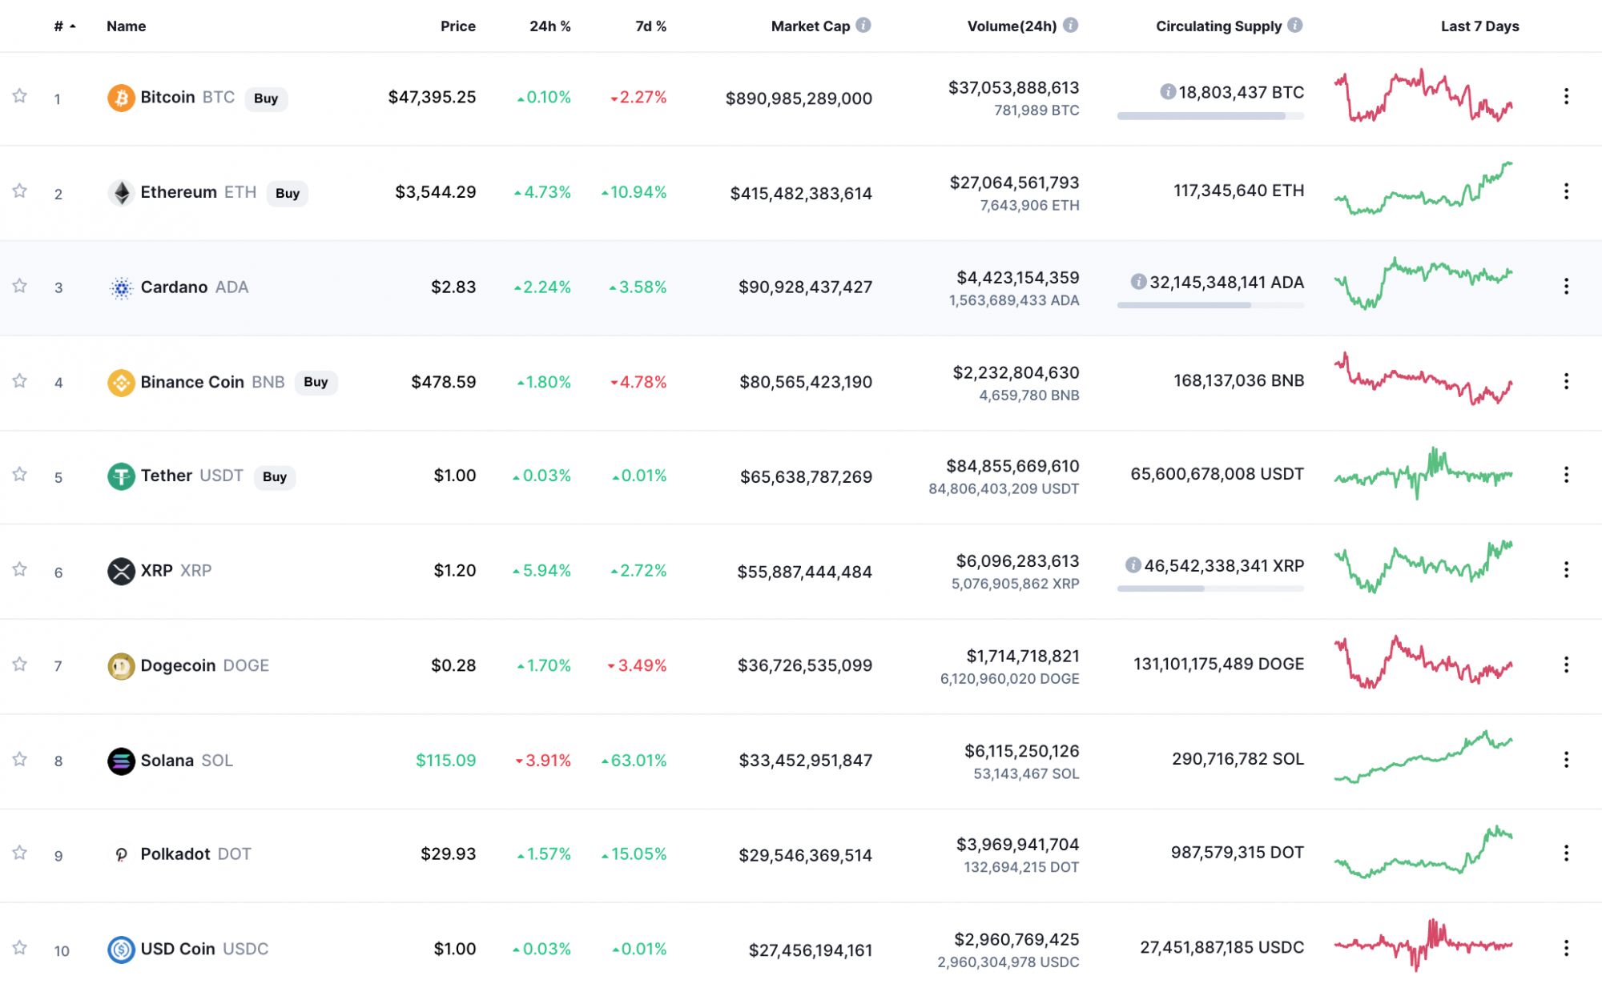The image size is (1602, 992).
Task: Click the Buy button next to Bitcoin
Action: (266, 98)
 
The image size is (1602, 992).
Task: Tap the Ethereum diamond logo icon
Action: (121, 193)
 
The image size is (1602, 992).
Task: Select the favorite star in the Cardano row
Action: (20, 286)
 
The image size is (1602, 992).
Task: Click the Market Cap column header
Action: (810, 26)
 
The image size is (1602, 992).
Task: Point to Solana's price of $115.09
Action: (445, 760)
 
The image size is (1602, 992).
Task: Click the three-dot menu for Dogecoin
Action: (1566, 665)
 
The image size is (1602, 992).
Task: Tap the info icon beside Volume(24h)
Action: (1071, 26)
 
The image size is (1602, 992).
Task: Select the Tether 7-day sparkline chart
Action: (1423, 475)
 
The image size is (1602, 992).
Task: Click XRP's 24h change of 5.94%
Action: (542, 571)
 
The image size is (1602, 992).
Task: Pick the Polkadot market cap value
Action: (805, 855)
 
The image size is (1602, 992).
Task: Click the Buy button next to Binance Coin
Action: (316, 382)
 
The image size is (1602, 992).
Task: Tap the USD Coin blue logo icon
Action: (121, 950)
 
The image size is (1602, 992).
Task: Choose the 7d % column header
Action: (650, 26)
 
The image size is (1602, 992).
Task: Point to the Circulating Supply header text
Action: (1218, 26)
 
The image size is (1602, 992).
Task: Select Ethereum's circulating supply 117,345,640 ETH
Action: (1238, 191)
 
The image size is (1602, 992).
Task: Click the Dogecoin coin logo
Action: (121, 665)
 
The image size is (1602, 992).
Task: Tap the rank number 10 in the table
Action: (62, 950)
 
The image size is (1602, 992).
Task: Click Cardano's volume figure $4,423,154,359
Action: (1017, 278)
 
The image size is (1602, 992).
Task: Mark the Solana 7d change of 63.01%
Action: (634, 760)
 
